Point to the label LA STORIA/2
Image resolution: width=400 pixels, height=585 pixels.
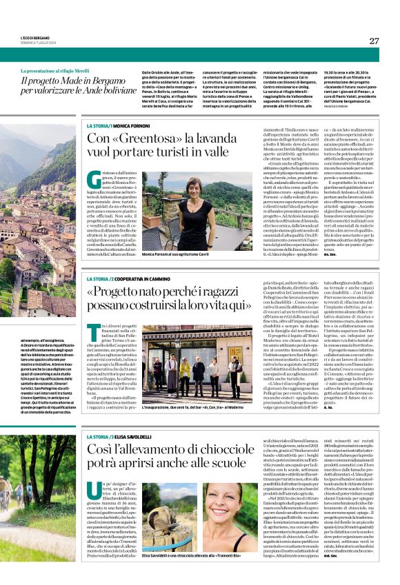click(x=100, y=278)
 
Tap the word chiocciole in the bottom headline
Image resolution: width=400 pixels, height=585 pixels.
click(x=190, y=451)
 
